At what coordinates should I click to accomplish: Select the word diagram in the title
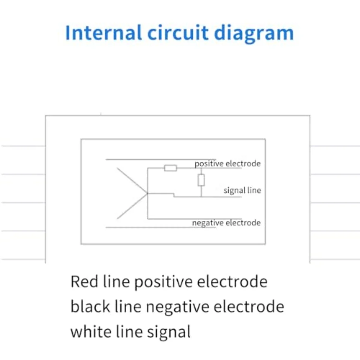pyautogui.click(x=254, y=33)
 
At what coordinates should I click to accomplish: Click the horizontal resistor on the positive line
pyautogui.click(x=170, y=168)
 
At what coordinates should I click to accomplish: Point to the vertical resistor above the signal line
pyautogui.click(x=201, y=180)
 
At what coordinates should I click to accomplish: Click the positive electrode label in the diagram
pyautogui.click(x=227, y=164)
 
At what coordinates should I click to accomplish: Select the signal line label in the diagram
pyautogui.click(x=242, y=190)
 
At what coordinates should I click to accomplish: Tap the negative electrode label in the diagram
pyautogui.click(x=226, y=223)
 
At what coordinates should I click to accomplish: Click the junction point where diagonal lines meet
pyautogui.click(x=147, y=194)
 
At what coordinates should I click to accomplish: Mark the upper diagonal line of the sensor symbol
pyautogui.click(x=132, y=181)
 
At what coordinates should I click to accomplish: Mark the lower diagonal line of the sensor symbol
pyautogui.click(x=132, y=206)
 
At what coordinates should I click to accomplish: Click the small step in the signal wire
pyautogui.click(x=174, y=195)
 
